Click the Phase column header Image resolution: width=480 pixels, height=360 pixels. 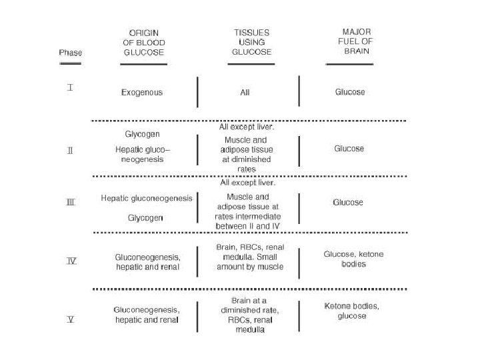[x=69, y=52]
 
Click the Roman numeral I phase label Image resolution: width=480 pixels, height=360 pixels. [x=69, y=88]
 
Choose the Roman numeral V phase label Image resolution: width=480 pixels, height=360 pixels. [x=70, y=319]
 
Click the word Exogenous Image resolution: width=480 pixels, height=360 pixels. [x=141, y=92]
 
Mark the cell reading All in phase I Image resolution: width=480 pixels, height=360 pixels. [x=245, y=92]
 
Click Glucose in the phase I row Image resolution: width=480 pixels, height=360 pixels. [x=349, y=92]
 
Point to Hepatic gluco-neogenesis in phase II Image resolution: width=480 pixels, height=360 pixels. [x=141, y=155]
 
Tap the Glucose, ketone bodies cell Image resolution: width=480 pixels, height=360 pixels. [x=353, y=259]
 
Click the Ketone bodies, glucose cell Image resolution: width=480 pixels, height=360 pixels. [x=351, y=311]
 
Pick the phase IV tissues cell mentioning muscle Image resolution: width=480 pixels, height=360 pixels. [x=250, y=257]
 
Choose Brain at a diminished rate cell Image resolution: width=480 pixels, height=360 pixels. [x=250, y=315]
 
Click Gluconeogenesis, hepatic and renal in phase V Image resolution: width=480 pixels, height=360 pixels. [x=147, y=315]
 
